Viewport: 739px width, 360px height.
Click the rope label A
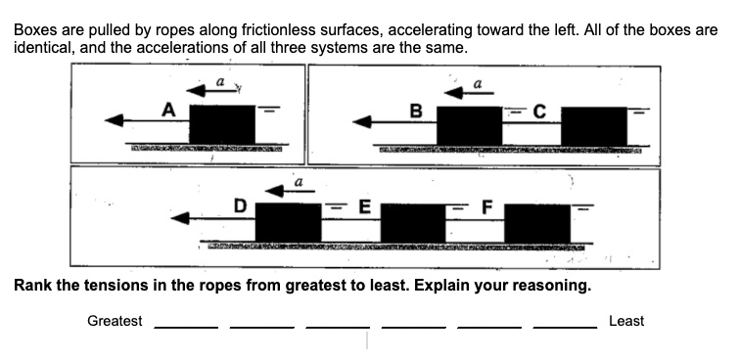[168, 111]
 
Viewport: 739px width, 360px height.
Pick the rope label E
[363, 206]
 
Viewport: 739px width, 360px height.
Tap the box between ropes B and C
[469, 124]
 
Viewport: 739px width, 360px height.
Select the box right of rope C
[593, 124]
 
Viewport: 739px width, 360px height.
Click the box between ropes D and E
[288, 221]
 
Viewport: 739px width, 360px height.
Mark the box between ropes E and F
[412, 221]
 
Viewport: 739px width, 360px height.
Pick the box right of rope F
[536, 221]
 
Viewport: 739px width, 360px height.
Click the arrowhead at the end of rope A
[115, 120]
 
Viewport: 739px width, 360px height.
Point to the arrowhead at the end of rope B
[363, 122]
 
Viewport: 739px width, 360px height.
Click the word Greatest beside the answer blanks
[115, 321]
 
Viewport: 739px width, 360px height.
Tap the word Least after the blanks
[626, 321]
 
